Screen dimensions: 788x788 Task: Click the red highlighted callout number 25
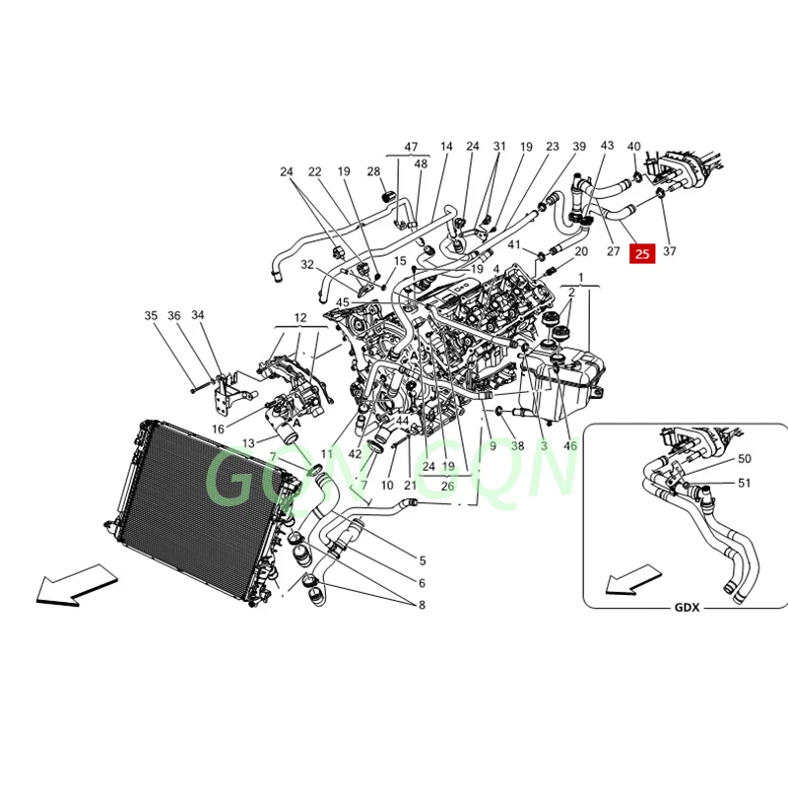(642, 253)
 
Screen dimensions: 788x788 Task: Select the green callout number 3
(543, 446)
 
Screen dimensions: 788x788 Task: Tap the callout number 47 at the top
(411, 146)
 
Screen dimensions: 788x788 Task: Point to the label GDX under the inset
(688, 608)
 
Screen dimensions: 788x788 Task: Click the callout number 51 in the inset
(744, 483)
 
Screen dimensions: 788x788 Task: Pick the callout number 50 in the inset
(744, 459)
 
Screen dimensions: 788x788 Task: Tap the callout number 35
(151, 316)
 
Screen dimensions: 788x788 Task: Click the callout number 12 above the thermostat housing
(299, 318)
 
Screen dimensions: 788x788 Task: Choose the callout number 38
(517, 446)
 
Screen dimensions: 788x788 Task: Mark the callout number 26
(447, 485)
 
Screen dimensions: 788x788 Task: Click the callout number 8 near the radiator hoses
(422, 605)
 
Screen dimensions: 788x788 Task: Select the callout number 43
(607, 146)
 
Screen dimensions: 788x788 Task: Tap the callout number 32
(307, 265)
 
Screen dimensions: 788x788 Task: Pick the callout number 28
(373, 171)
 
